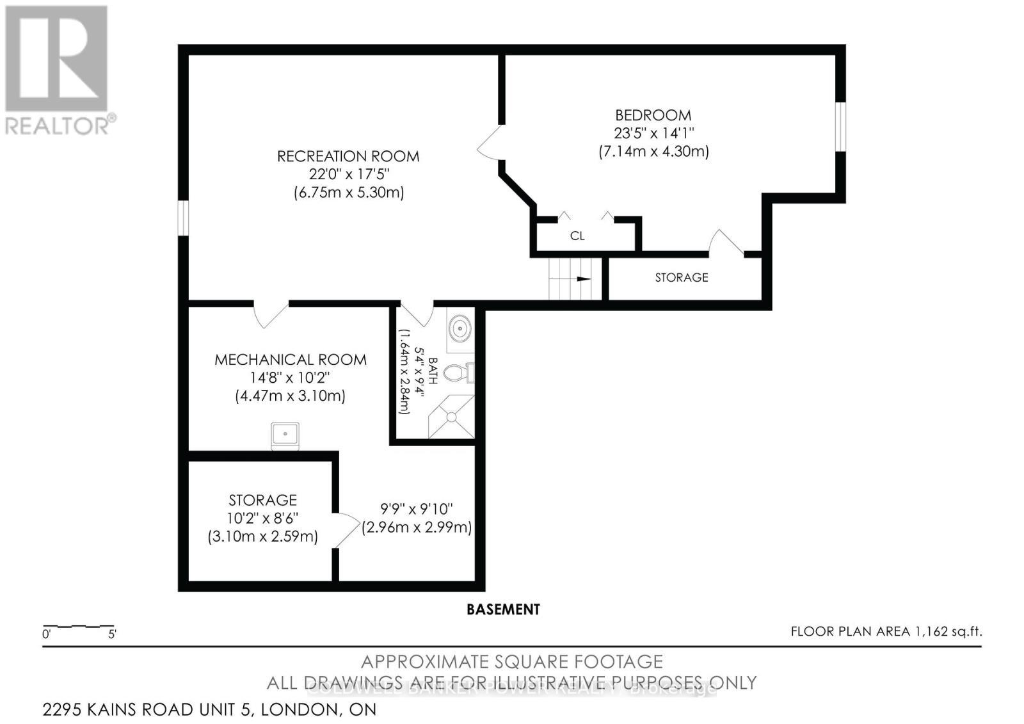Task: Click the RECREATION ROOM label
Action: click(x=348, y=156)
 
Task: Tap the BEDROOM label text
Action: click(x=653, y=115)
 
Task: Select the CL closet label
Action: click(x=577, y=236)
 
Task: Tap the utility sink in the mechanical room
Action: click(x=285, y=435)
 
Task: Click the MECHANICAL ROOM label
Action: click(x=291, y=360)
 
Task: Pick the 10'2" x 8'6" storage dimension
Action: click(x=262, y=518)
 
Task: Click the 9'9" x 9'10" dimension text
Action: click(x=417, y=509)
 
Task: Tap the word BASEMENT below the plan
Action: click(x=503, y=609)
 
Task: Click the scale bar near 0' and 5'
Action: click(x=78, y=626)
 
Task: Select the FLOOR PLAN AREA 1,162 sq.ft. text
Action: click(x=886, y=632)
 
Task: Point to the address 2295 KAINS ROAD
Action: click(x=209, y=709)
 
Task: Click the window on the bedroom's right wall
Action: click(x=840, y=126)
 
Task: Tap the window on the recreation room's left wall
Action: click(x=183, y=218)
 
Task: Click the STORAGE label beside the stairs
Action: click(x=682, y=277)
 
